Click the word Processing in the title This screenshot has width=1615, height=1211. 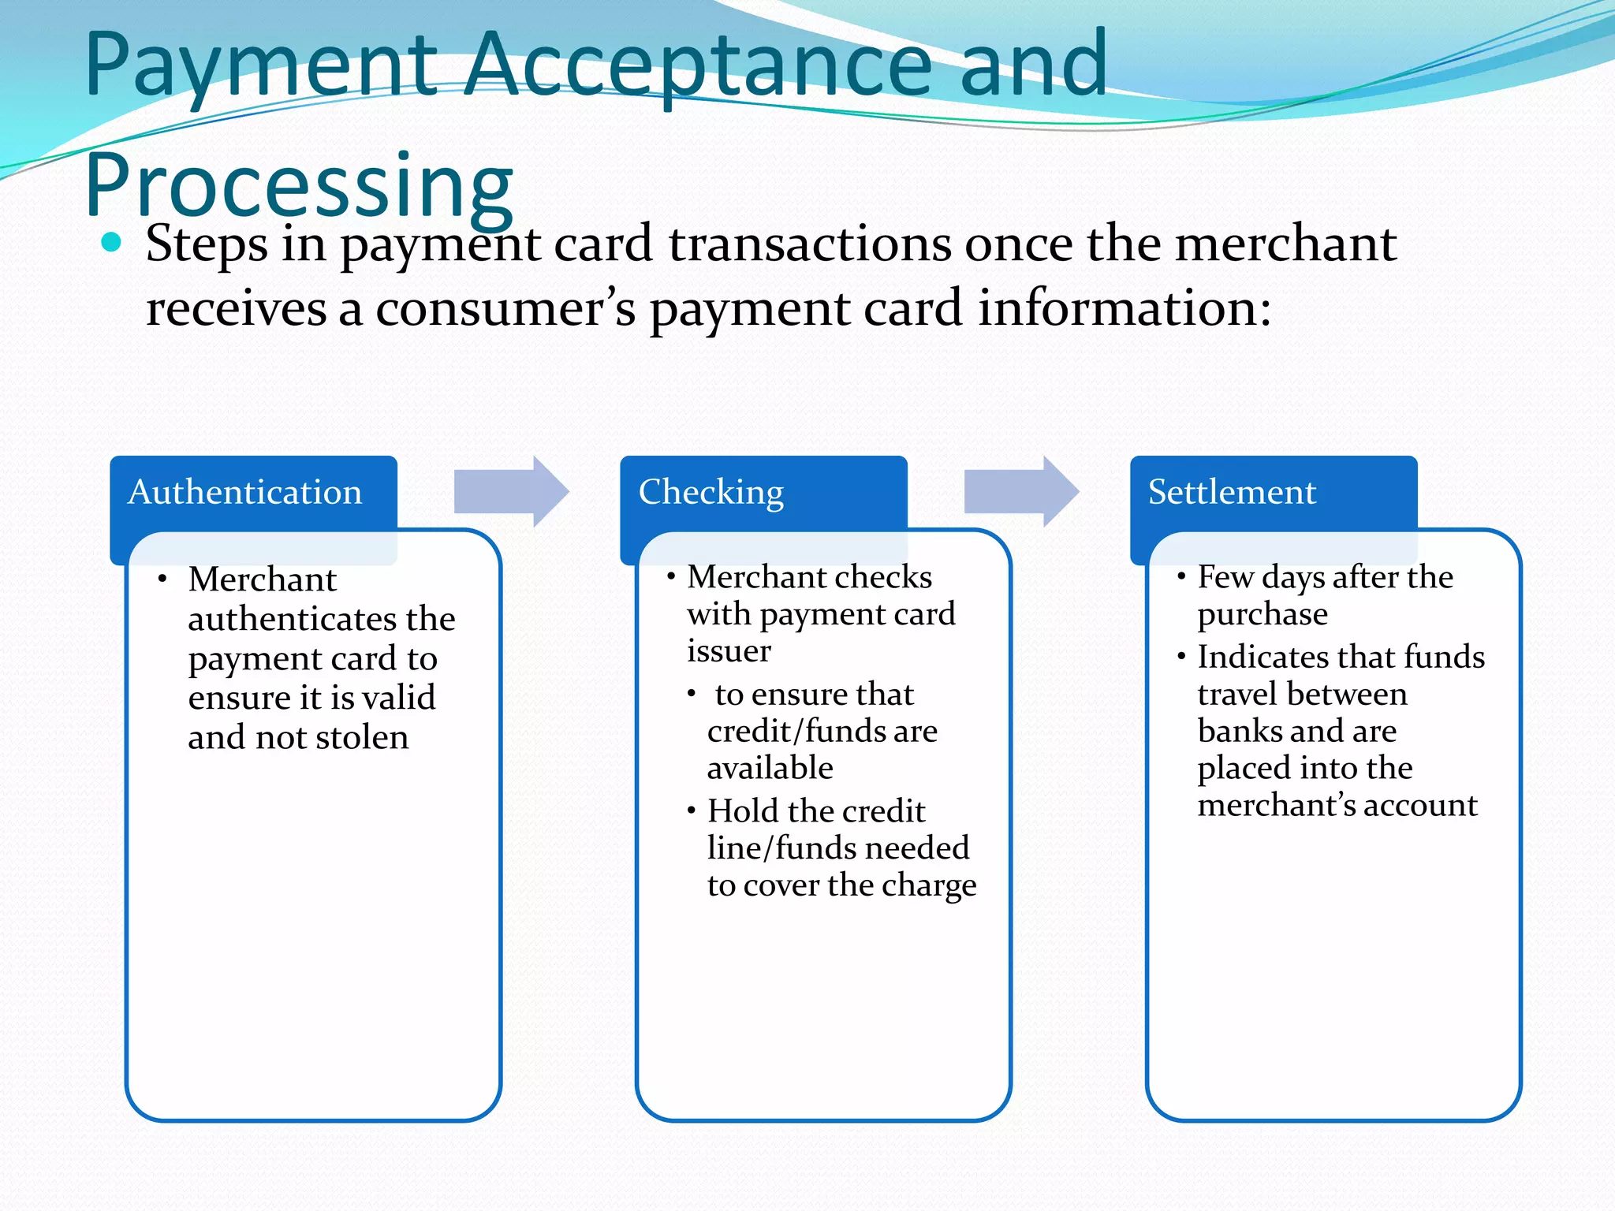pyautogui.click(x=299, y=185)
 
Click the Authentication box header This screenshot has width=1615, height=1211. pyautogui.click(x=245, y=492)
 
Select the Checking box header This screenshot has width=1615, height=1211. pyautogui.click(x=711, y=492)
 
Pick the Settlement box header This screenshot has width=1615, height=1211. pyautogui.click(x=1232, y=492)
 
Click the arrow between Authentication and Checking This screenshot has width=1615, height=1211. pyautogui.click(x=511, y=491)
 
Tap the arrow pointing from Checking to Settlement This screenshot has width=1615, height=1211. pyautogui.click(x=1021, y=491)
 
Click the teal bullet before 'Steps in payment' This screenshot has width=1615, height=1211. pyautogui.click(x=112, y=242)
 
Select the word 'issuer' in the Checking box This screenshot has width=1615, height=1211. pyautogui.click(x=729, y=651)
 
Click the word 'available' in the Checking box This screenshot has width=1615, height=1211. pyautogui.click(x=770, y=768)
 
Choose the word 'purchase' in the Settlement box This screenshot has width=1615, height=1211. pyautogui.click(x=1263, y=615)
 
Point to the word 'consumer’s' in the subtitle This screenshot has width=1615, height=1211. pyautogui.click(x=505, y=308)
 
